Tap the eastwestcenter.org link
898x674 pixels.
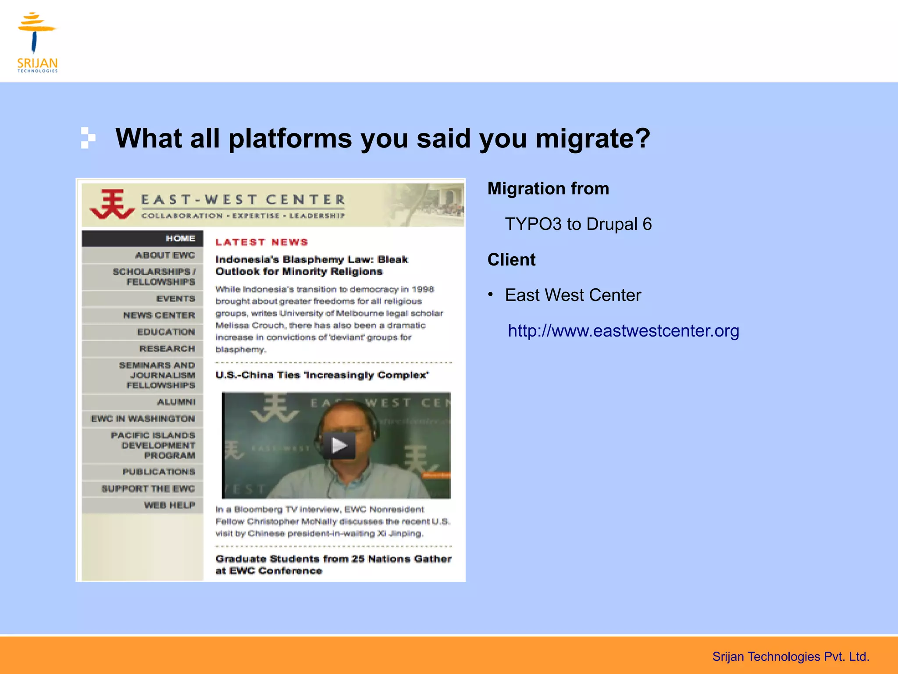point(623,331)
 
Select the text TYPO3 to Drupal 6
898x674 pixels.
point(578,224)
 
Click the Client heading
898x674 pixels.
point(511,260)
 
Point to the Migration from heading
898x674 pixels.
point(548,189)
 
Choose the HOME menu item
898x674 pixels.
point(180,238)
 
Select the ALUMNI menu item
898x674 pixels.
point(176,402)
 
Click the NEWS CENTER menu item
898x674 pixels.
point(159,315)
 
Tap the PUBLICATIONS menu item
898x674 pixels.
point(158,472)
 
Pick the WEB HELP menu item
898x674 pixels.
point(169,505)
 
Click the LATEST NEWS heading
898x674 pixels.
point(261,242)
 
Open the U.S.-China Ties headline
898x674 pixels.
point(322,375)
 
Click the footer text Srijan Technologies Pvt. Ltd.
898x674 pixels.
point(790,656)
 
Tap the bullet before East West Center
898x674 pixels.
point(491,295)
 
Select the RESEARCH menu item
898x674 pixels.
point(167,348)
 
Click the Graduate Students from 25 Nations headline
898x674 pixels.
point(333,565)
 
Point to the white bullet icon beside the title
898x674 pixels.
point(88,138)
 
